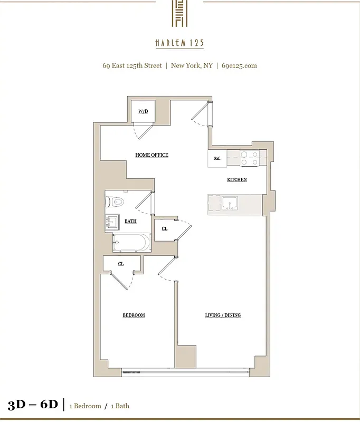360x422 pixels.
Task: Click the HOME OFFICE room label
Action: click(151, 155)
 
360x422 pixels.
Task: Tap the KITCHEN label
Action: click(237, 180)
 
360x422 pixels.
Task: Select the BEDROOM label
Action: click(134, 315)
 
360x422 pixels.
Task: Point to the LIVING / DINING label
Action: click(223, 315)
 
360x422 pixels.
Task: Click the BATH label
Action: click(130, 222)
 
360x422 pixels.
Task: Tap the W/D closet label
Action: click(143, 112)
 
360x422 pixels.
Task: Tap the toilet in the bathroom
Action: click(115, 202)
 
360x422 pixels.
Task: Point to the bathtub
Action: click(131, 244)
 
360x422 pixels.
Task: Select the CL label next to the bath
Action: click(165, 229)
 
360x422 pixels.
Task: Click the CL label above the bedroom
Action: click(121, 264)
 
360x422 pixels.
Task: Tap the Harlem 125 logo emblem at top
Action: click(179, 13)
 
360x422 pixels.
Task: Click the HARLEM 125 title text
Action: click(179, 43)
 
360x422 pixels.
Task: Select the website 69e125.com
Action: click(239, 66)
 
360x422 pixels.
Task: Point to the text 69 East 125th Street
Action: click(132, 66)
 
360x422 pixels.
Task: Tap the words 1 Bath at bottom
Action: click(119, 406)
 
